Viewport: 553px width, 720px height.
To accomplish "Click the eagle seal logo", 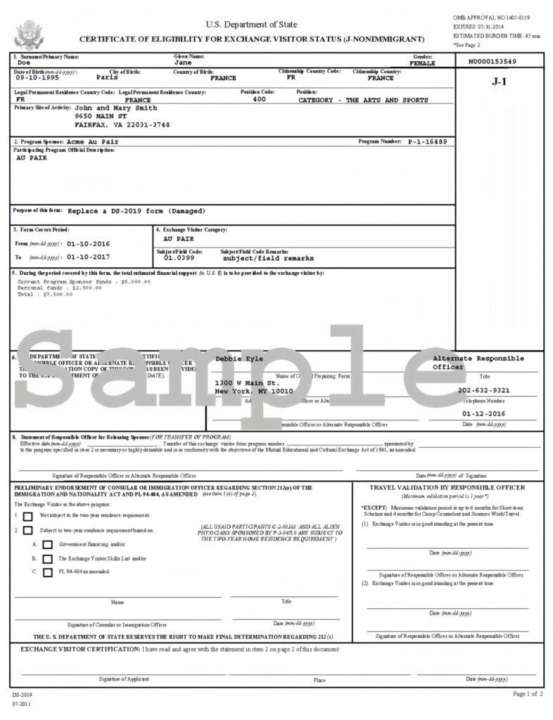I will [30, 34].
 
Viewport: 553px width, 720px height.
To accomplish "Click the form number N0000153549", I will [492, 62].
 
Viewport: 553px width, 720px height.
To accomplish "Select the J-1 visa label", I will [499, 82].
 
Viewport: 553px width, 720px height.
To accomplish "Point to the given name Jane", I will [183, 63].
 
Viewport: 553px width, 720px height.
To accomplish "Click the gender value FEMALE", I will [422, 63].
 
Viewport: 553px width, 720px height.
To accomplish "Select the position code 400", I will [259, 100].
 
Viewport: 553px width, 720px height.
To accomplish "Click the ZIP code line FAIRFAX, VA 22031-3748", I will [122, 124].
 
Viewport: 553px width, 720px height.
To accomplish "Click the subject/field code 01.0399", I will [179, 258].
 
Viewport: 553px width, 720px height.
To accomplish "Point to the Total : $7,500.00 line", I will [45, 295].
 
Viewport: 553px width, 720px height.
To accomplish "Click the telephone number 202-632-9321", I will [483, 390].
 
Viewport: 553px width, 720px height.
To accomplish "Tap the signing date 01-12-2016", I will [483, 414].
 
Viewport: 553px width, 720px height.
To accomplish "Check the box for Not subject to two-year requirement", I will [28, 517].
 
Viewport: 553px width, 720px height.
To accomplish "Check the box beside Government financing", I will [48, 544].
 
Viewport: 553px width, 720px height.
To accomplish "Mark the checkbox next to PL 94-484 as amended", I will [48, 572].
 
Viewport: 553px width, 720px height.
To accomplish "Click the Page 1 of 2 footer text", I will [528, 694].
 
